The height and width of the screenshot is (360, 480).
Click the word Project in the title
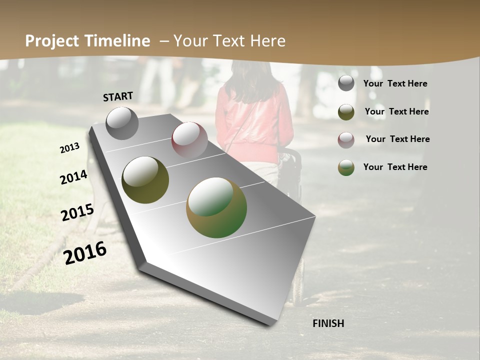pos(51,41)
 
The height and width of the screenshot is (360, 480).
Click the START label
pos(118,96)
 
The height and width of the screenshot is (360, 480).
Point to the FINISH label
pos(328,323)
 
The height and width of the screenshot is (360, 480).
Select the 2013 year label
pos(70,148)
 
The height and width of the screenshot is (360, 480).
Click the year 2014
pos(74,177)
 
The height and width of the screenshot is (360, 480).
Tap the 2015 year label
pos(77,212)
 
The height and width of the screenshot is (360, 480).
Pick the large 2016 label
pos(85,252)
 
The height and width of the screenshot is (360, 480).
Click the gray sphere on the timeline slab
pos(122,123)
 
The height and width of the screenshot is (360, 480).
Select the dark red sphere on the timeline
pos(189,140)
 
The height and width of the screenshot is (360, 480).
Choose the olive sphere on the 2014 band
pos(145,180)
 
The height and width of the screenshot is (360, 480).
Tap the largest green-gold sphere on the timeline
pos(216,207)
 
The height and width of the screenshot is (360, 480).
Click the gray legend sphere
pos(346,83)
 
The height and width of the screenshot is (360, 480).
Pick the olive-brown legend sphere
pos(346,112)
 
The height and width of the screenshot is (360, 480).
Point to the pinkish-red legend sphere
pos(346,140)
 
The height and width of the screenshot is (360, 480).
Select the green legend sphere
pos(346,167)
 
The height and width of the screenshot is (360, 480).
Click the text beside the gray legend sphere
pos(395,83)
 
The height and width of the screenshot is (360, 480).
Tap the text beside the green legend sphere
pos(395,167)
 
